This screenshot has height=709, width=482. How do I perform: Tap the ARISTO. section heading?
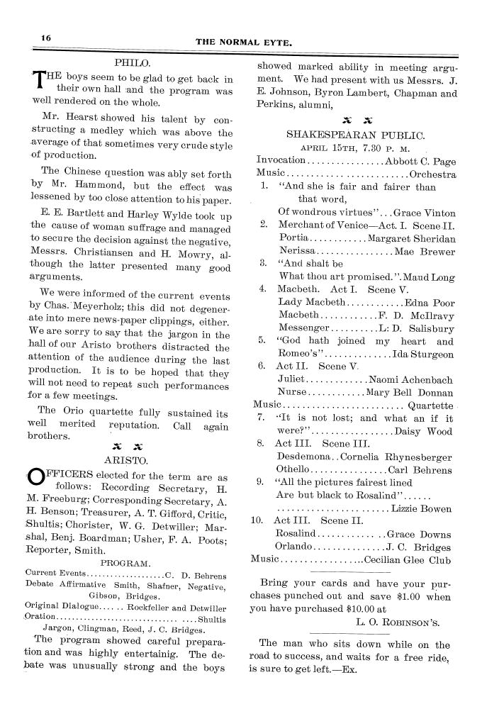[134, 459]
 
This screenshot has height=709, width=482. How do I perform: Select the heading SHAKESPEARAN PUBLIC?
[355, 133]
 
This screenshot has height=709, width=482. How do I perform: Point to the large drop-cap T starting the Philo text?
[39, 84]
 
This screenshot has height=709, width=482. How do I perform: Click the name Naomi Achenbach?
[410, 379]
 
